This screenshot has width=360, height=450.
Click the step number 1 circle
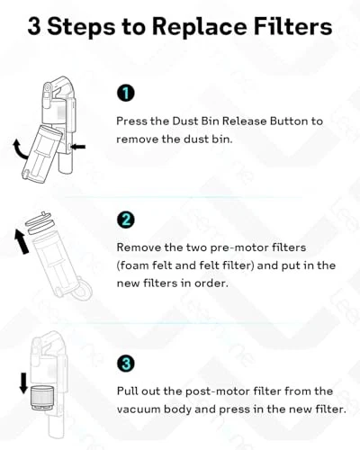pyautogui.click(x=126, y=93)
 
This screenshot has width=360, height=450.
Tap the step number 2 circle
pyautogui.click(x=126, y=220)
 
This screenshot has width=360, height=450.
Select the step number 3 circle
pyautogui.click(x=126, y=364)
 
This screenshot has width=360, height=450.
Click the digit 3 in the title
pyautogui.click(x=34, y=26)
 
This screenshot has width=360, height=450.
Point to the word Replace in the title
pyautogui.click(x=200, y=27)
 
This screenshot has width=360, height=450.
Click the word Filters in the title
pyautogui.click(x=293, y=26)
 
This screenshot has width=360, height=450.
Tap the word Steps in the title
pyautogui.click(x=81, y=27)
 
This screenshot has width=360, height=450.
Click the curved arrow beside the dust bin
pyautogui.click(x=19, y=149)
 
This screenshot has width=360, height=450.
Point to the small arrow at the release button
pyautogui.click(x=79, y=147)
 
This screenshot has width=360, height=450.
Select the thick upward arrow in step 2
pyautogui.click(x=22, y=241)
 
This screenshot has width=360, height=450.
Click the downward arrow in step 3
pyautogui.click(x=23, y=383)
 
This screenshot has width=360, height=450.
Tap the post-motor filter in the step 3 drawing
pyautogui.click(x=42, y=399)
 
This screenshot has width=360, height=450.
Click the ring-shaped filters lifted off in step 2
pyautogui.click(x=40, y=223)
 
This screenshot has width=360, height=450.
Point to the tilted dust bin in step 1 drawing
pyautogui.click(x=42, y=153)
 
